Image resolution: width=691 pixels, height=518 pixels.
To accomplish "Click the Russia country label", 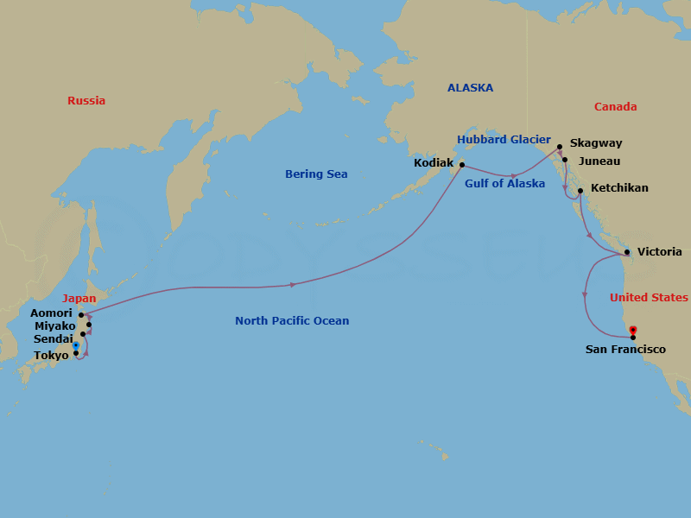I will point(86,101).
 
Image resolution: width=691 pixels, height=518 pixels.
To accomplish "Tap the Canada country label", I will point(615,107).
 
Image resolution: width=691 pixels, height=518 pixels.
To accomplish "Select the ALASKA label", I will point(470,88).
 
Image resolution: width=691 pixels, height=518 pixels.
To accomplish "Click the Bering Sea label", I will point(316,174).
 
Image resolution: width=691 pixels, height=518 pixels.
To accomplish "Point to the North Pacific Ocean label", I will point(292,321).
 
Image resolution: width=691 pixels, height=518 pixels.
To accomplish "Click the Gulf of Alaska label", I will point(504,184).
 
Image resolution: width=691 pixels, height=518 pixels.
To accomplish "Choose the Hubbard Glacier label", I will point(504,140).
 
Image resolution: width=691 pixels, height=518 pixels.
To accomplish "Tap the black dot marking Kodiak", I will point(462,164).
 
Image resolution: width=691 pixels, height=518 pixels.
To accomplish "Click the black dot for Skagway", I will point(560,147).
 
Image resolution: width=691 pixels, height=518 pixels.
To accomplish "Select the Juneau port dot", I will point(564,160).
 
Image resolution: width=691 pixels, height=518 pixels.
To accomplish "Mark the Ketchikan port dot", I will point(580,190).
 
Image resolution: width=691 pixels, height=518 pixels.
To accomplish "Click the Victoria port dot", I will point(627,252).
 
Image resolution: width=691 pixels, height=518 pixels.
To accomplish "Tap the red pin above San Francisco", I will point(633,330).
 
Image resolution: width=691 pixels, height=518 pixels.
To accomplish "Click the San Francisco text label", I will point(625,350).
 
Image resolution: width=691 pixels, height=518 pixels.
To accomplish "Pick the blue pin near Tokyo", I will point(76,345).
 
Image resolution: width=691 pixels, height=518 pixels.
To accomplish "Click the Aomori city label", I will point(51,313).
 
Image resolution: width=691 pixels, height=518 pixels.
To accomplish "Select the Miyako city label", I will point(54,326).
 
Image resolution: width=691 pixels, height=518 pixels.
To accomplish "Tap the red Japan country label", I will point(79,299).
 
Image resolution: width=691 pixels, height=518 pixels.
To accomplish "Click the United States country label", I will point(649,298).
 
